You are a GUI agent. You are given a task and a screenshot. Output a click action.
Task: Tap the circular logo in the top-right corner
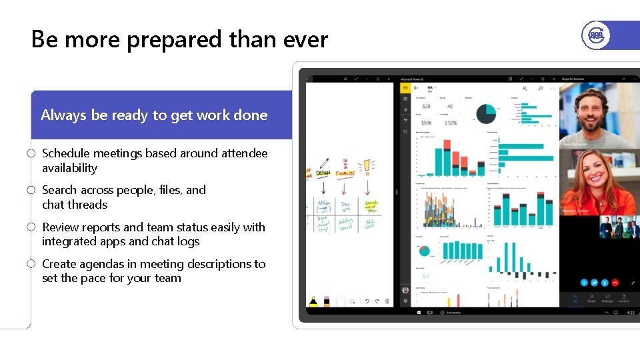[595, 35]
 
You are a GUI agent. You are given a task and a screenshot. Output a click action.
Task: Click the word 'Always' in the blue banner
[63, 115]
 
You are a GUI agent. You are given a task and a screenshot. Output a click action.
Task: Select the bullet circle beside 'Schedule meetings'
[31, 153]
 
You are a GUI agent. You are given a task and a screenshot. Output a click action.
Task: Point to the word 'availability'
[69, 168]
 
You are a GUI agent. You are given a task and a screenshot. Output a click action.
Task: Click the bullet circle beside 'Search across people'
[31, 191]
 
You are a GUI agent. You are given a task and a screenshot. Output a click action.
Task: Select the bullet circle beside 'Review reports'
[31, 227]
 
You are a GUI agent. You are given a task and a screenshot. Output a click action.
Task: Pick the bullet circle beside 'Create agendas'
[31, 264]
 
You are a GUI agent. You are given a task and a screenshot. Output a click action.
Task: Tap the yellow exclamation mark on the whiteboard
[367, 167]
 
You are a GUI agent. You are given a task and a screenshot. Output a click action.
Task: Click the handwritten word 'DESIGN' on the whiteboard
[323, 173]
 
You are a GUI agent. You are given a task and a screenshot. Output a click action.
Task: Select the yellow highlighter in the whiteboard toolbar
[313, 301]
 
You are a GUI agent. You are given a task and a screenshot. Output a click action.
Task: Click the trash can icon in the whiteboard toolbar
[387, 301]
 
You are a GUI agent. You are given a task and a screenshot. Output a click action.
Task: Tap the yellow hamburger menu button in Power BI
[405, 87]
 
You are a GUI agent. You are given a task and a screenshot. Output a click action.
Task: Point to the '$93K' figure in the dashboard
[426, 123]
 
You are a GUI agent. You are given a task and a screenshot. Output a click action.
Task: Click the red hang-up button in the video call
[615, 283]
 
